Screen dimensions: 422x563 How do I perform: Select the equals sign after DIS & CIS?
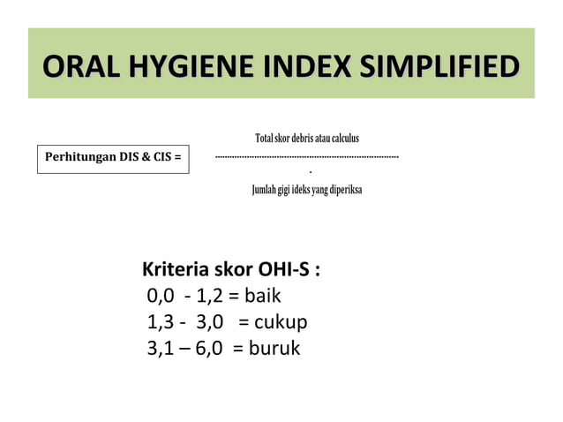(178, 158)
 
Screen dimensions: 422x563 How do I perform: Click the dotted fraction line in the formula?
(307, 156)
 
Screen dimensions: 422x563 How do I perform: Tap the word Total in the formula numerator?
(264, 139)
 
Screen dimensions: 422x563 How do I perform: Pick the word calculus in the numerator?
(343, 139)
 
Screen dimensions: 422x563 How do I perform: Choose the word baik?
(263, 296)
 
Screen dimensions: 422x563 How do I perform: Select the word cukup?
(281, 321)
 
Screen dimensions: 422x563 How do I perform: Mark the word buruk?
(274, 349)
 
